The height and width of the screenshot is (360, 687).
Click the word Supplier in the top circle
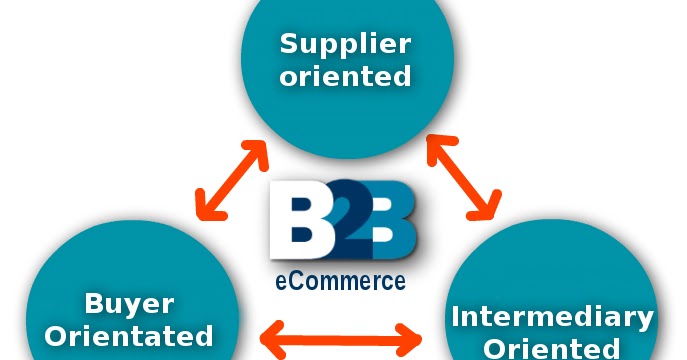pyautogui.click(x=346, y=43)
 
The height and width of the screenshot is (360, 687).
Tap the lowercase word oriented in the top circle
pyautogui.click(x=346, y=77)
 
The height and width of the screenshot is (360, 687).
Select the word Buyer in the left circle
pyautogui.click(x=130, y=303)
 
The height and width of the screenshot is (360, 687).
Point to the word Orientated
pyautogui.click(x=130, y=336)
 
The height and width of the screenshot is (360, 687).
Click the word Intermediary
pyautogui.click(x=552, y=318)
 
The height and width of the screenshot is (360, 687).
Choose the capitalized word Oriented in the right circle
pyautogui.click(x=552, y=348)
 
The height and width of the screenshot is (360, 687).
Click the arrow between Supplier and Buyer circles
pyautogui.click(x=231, y=180)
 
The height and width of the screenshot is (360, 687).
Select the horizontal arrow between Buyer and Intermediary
pyautogui.click(x=340, y=338)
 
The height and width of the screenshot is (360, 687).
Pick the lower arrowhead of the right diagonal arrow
pyautogui.click(x=487, y=209)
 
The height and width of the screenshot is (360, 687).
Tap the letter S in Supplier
pyautogui.click(x=289, y=43)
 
